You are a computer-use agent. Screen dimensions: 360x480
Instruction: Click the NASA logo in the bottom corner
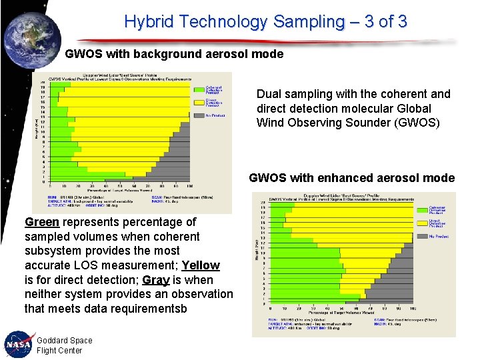pyautogui.click(x=18, y=344)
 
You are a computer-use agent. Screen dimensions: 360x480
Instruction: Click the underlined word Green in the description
pyautogui.click(x=42, y=222)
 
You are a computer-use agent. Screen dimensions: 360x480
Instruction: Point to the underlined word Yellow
pyautogui.click(x=200, y=265)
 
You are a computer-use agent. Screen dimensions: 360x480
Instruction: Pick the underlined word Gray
pyautogui.click(x=156, y=280)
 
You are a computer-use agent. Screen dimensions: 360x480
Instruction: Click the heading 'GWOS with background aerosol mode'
pyautogui.click(x=174, y=54)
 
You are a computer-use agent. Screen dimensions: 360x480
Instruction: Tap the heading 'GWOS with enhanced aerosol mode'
pyautogui.click(x=351, y=178)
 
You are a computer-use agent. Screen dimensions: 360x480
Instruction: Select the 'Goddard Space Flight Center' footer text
pyautogui.click(x=64, y=345)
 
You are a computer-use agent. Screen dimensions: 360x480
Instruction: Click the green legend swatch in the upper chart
pyautogui.click(x=199, y=89)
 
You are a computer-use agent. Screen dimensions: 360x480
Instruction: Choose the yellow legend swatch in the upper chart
pyautogui.click(x=199, y=102)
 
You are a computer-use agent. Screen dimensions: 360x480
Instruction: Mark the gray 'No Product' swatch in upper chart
pyautogui.click(x=199, y=115)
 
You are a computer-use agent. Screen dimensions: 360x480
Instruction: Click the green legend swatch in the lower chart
pyautogui.click(x=422, y=209)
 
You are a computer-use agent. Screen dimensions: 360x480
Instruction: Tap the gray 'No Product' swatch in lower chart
pyautogui.click(x=422, y=236)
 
